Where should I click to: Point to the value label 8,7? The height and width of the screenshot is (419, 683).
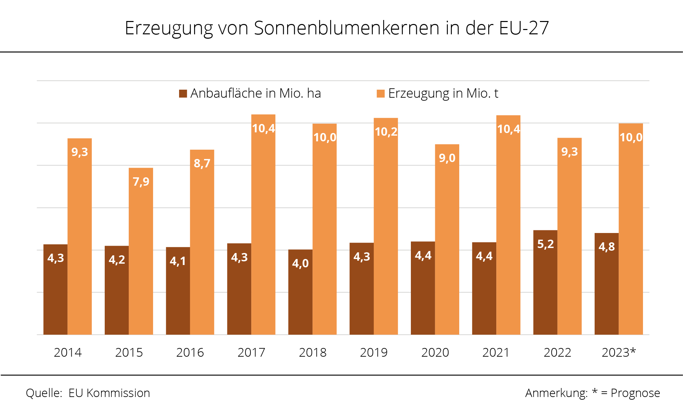click(202, 163)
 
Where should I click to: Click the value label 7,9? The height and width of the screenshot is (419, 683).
click(141, 182)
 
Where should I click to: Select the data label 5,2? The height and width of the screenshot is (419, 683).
click(545, 244)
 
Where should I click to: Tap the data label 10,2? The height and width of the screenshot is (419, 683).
click(386, 132)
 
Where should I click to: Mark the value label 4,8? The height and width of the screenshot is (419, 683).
click(606, 247)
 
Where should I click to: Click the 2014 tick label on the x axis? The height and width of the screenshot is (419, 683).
click(68, 352)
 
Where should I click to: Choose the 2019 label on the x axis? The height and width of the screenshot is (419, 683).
click(374, 352)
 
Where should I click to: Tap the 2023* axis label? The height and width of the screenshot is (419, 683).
click(619, 352)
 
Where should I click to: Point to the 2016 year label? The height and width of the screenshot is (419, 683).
click(190, 352)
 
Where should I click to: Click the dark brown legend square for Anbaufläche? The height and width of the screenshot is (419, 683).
click(183, 94)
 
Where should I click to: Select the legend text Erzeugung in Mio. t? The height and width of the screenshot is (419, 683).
click(443, 93)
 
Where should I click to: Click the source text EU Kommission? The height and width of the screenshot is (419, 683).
click(109, 393)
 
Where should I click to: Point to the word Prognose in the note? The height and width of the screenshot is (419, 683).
click(635, 393)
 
